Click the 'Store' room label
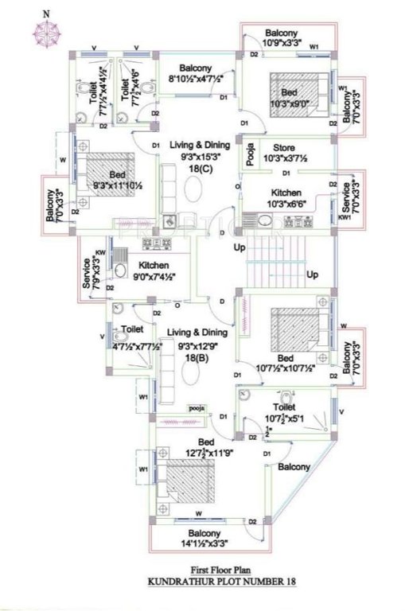[x=284, y=148]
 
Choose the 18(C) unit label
[x=199, y=170]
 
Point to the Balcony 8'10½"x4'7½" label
[x=194, y=73]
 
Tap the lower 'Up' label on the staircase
[x=312, y=274]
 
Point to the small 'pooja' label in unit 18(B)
[x=197, y=408]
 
